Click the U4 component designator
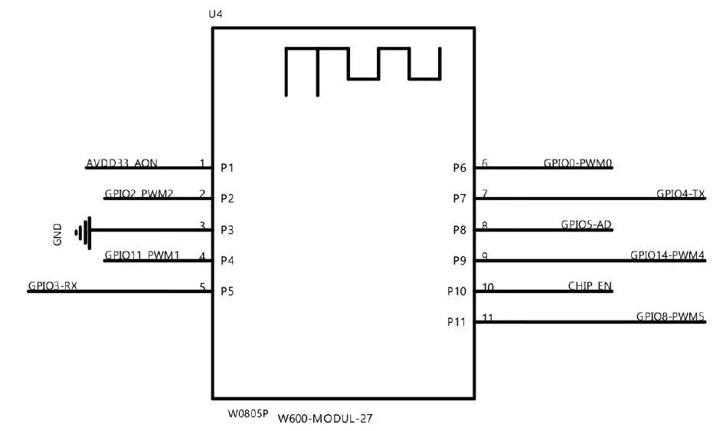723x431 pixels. (215, 15)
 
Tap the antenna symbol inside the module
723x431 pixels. (363, 70)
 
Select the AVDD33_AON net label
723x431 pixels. (123, 163)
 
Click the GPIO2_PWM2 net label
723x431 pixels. (138, 195)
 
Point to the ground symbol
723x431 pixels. (83, 229)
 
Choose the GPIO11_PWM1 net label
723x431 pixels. (141, 256)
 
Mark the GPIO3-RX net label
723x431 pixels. (53, 287)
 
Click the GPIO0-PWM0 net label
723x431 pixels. (577, 163)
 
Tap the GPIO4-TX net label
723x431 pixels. (680, 195)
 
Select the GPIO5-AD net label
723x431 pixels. (586, 225)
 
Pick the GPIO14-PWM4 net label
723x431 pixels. (667, 256)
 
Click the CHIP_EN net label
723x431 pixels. (590, 287)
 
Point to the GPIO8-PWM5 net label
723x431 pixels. (670, 317)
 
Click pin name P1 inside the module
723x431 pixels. (227, 167)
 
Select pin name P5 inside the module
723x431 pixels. (227, 291)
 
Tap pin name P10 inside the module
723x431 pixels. (456, 291)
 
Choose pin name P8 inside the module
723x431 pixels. (460, 229)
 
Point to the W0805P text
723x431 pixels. (248, 413)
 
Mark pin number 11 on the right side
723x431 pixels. (488, 317)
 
